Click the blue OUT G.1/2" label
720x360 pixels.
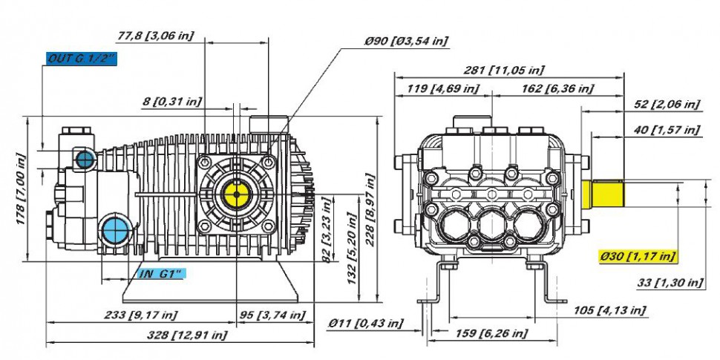(82, 59)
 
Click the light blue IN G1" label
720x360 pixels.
(162, 274)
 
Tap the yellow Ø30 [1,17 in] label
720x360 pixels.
(637, 256)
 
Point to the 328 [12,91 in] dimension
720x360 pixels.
(187, 335)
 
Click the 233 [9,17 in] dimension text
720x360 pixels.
(140, 315)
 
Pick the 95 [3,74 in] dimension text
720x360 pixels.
(272, 315)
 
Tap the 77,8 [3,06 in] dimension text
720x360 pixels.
(156, 36)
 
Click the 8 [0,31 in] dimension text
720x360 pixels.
(171, 102)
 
